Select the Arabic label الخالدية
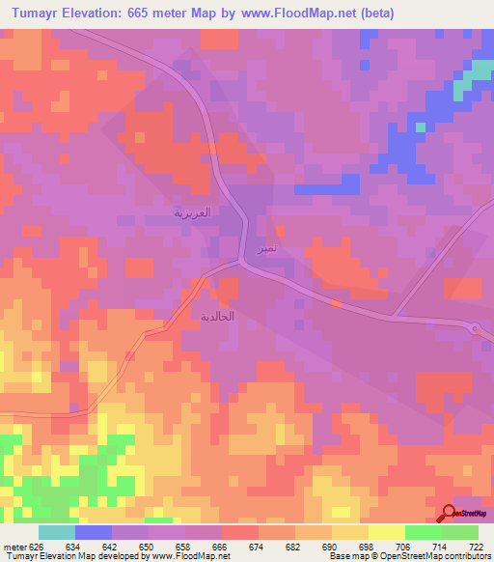(x=216, y=317)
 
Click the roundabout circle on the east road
(x=476, y=328)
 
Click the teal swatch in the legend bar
(x=57, y=532)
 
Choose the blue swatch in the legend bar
(x=94, y=532)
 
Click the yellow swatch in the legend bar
(x=386, y=532)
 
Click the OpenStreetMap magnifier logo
(x=449, y=513)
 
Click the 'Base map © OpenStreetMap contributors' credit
(x=409, y=556)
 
